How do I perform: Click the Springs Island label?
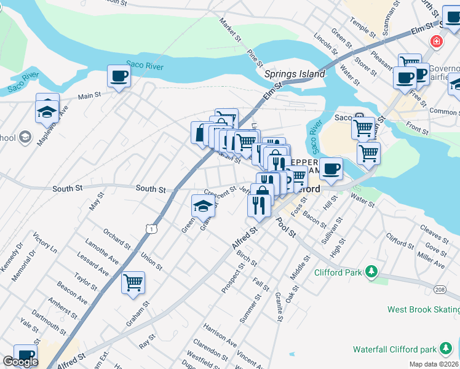(x=295, y=74)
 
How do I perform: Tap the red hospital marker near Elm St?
(x=436, y=42)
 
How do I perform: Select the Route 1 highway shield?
(x=151, y=229)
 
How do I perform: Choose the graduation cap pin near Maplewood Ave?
(x=47, y=111)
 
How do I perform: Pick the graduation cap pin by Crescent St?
(x=203, y=206)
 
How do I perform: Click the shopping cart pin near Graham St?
(x=133, y=283)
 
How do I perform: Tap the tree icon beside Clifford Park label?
(x=371, y=271)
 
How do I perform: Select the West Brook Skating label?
(x=423, y=309)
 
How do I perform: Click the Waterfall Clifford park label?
(x=394, y=349)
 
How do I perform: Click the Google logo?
(x=20, y=362)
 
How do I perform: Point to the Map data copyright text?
(x=434, y=364)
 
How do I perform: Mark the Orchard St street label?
(x=116, y=239)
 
